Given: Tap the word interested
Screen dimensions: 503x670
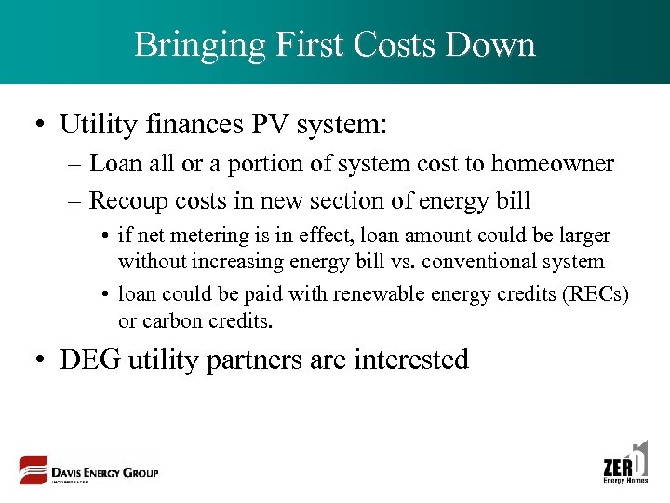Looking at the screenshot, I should (411, 360).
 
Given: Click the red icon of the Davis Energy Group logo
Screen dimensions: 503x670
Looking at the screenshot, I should (33, 469).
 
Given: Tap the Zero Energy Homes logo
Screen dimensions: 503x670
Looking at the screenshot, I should (625, 463).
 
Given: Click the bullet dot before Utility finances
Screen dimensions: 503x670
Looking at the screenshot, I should (42, 124).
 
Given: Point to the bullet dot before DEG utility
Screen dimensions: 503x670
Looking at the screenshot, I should (42, 360).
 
